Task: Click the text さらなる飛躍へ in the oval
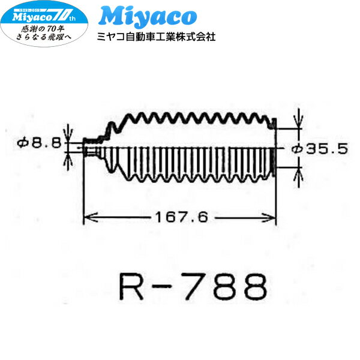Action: [x=44, y=37]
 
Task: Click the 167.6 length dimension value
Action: [x=182, y=218]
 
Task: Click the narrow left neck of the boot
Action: [x=90, y=148]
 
